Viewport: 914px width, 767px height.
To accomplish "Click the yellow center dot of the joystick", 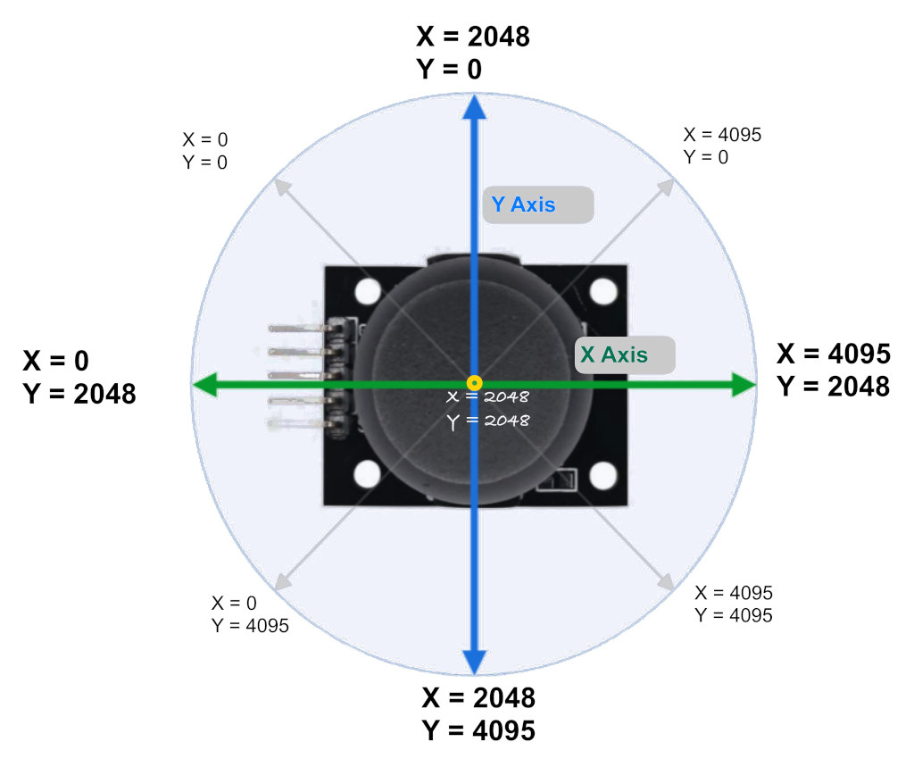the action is click(x=475, y=383).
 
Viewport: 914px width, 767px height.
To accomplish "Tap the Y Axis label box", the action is click(x=538, y=204).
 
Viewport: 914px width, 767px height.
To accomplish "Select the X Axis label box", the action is click(x=625, y=354).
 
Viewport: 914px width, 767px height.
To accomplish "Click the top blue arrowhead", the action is click(x=475, y=107).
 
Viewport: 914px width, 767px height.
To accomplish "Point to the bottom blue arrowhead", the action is click(x=475, y=662).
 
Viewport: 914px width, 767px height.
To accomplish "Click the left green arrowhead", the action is click(x=204, y=384).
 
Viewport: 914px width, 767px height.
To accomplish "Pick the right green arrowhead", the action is click(x=744, y=384).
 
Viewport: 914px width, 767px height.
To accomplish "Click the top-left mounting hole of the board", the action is click(x=368, y=291).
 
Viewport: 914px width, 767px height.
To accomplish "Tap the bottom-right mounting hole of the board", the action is click(x=603, y=475).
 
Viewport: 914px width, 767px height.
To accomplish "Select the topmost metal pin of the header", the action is click(x=297, y=329).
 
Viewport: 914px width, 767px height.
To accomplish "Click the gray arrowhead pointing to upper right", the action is click(x=666, y=187).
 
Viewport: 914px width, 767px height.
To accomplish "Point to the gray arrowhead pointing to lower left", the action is click(x=283, y=582).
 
